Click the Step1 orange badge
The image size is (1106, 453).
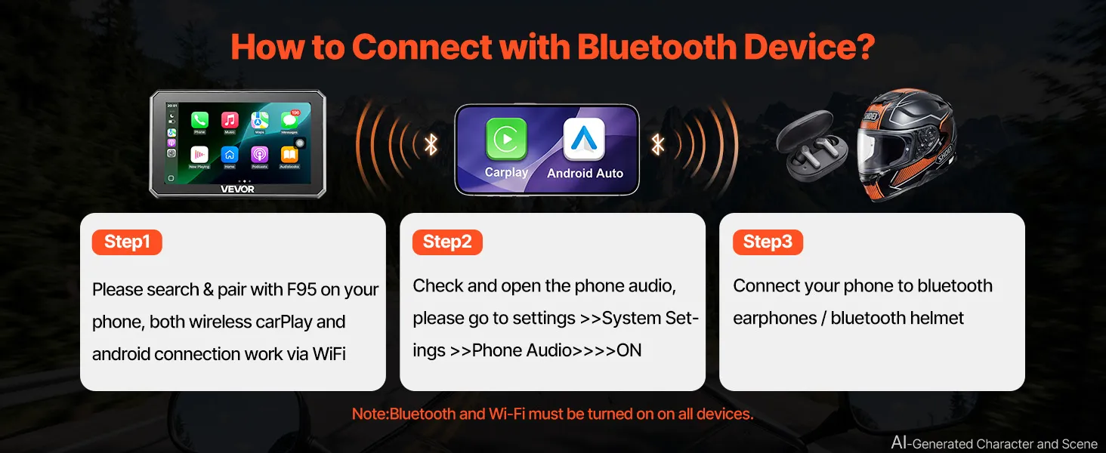pos(127,242)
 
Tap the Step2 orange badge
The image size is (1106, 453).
pos(447,242)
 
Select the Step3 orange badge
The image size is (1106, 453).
pos(768,242)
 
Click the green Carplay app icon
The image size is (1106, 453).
pos(507,139)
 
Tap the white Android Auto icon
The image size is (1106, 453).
pos(584,139)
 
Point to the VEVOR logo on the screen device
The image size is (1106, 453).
pos(237,189)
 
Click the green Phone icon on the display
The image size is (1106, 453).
pos(199,120)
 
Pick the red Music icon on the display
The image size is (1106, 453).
pos(230,120)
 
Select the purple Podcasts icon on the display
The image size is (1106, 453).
pos(259,155)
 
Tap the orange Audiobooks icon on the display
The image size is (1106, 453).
pos(289,155)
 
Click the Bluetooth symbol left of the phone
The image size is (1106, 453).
pos(431,145)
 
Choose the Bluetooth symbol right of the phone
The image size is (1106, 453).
pos(658,145)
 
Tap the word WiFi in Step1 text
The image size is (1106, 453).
pos(329,354)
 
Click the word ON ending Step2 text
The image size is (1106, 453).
pos(629,350)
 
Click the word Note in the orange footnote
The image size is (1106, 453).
pos(370,414)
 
